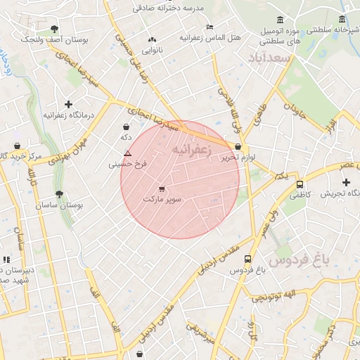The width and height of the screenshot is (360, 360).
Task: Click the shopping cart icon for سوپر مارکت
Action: tap(162, 188)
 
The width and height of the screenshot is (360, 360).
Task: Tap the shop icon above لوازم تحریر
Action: tap(238, 147)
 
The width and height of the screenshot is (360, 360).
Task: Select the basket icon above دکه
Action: tap(126, 127)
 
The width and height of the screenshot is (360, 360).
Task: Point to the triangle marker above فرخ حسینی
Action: tap(127, 153)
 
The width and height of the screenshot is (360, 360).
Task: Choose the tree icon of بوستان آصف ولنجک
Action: tap(55, 29)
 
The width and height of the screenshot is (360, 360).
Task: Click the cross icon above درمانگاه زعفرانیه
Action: tap(68, 103)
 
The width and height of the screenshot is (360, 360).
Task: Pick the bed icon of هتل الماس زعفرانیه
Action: tap(210, 27)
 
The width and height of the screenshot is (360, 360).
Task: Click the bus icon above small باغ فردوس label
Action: tap(246, 258)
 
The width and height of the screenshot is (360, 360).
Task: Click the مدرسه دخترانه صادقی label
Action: tap(174, 8)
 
